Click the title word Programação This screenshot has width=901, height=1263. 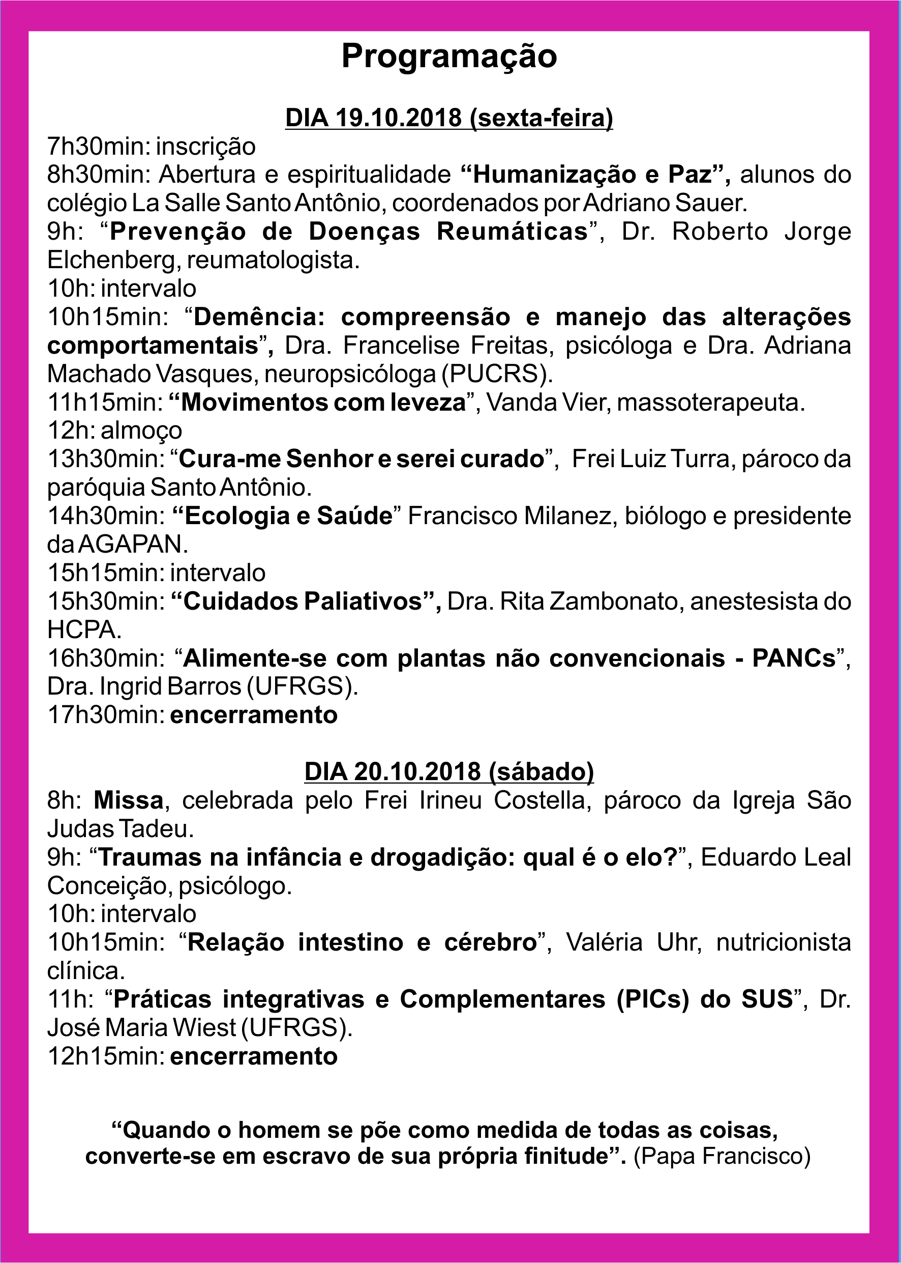point(449,56)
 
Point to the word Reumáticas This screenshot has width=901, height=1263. point(512,232)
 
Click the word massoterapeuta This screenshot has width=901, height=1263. point(710,402)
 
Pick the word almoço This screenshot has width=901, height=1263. point(141,431)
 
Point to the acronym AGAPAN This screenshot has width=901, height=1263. point(132,544)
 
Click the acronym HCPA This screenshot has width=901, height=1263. point(84,629)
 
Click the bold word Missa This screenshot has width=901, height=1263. point(129,800)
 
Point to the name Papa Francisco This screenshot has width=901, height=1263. point(723,1155)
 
